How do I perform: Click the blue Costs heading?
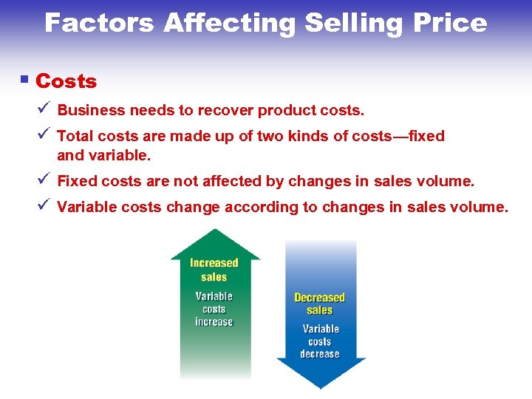pos(66,81)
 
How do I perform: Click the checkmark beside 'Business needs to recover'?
pos(44,109)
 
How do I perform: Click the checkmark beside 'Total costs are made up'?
pos(44,134)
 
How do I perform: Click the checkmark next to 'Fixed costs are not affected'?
pos(44,180)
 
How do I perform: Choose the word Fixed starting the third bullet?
pos(77,181)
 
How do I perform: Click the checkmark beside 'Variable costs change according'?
pos(44,205)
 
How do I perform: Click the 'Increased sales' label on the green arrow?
pos(214,270)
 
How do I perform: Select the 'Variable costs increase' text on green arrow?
pos(214,309)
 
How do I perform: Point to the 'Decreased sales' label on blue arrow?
pos(320,304)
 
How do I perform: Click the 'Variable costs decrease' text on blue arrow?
pos(320,341)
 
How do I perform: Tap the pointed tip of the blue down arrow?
pos(321,386)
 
